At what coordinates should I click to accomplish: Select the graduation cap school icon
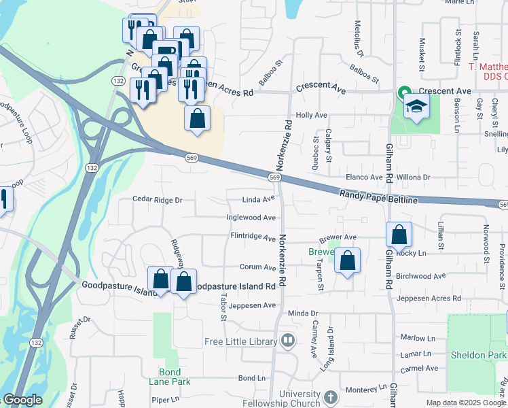pos(416,106)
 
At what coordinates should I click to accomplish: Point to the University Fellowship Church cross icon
pos(330,397)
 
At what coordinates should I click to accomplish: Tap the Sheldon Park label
pos(477,355)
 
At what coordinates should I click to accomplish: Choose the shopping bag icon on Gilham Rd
pos(399,235)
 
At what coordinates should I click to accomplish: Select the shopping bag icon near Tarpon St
pos(347,260)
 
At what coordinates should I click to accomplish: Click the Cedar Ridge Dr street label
pos(158,200)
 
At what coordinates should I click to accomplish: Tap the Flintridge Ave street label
pos(253,238)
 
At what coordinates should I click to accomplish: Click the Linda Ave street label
pos(259,200)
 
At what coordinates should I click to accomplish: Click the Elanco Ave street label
pos(365,177)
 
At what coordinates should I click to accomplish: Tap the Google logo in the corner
pos(22,400)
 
